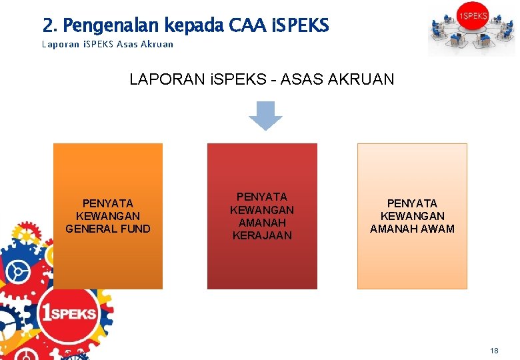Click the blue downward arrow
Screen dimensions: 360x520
pyautogui.click(x=265, y=115)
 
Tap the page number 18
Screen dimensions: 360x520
pyautogui.click(x=494, y=351)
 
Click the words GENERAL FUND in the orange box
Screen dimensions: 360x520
pyautogui.click(x=108, y=229)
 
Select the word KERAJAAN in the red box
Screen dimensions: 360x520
pyautogui.click(x=262, y=235)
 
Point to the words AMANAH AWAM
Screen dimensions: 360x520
pyautogui.click(x=412, y=229)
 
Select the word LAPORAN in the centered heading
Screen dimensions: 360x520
pyautogui.click(x=159, y=79)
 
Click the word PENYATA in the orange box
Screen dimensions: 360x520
pyautogui.click(x=108, y=203)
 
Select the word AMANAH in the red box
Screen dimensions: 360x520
pyautogui.click(x=262, y=223)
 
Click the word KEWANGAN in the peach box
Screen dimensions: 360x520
pyautogui.click(x=412, y=216)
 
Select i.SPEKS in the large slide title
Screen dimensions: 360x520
pyautogui.click(x=301, y=26)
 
